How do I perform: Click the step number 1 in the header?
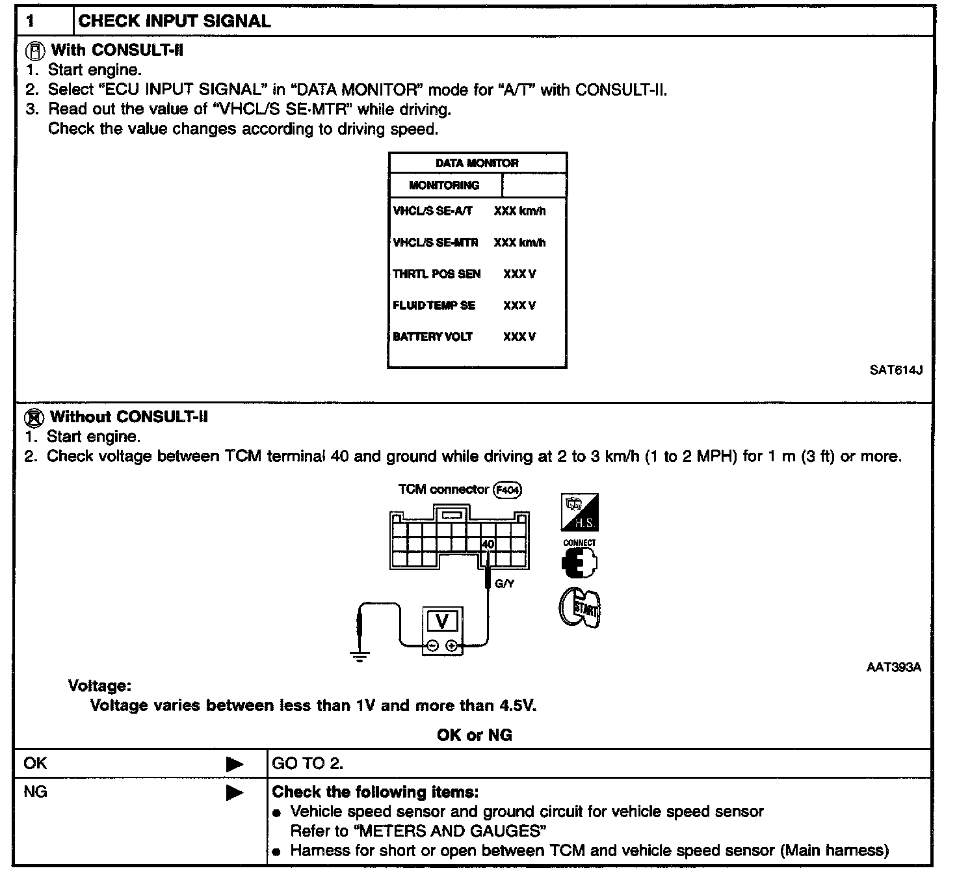[x=30, y=21]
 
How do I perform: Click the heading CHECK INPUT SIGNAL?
[x=174, y=21]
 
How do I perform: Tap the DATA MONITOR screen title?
[x=477, y=163]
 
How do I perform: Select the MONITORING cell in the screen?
[x=444, y=185]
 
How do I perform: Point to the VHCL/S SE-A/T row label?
[x=432, y=211]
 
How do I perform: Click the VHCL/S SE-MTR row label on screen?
[x=435, y=243]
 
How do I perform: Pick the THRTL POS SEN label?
[x=436, y=274]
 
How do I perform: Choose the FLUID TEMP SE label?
[x=434, y=305]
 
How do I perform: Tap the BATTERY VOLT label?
[x=432, y=336]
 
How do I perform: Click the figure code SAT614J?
[x=896, y=370]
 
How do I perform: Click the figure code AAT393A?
[x=894, y=667]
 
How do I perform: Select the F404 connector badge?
[x=508, y=490]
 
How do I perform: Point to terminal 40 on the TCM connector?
[x=488, y=545]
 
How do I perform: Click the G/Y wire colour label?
[x=505, y=584]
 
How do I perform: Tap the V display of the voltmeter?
[x=442, y=622]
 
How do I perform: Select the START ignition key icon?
[x=580, y=609]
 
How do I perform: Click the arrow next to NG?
[x=235, y=793]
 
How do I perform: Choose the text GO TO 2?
[x=308, y=764]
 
